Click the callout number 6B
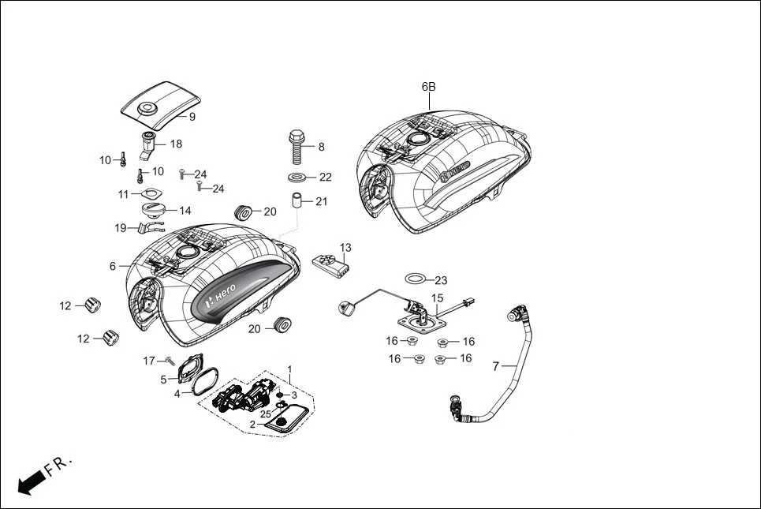pos(428,87)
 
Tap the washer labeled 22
pos(299,177)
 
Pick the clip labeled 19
pos(144,228)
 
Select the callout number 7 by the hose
pos(495,366)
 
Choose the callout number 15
pos(438,299)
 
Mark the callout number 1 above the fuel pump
pos(289,369)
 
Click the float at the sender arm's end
pos(345,307)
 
